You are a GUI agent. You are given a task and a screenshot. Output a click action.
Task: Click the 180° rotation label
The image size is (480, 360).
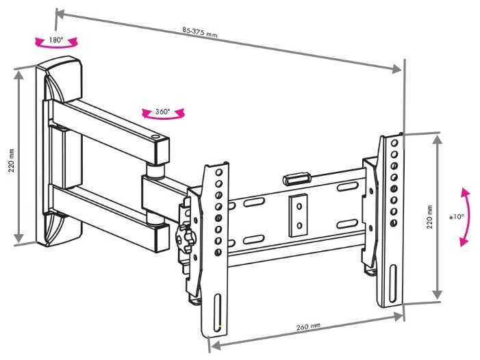55,40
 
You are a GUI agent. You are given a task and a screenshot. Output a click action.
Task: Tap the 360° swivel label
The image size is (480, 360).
162,112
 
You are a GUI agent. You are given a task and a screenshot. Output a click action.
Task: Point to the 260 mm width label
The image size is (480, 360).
309,327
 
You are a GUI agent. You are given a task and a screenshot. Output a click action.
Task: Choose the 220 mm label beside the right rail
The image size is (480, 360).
429,216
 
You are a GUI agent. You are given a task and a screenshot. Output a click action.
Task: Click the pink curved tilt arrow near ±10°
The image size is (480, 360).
466,216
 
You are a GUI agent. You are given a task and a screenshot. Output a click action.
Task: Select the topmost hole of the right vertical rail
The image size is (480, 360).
394,142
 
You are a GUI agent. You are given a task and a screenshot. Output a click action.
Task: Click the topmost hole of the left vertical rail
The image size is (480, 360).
218,173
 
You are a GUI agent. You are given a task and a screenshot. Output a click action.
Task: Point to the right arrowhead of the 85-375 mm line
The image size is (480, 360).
398,68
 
